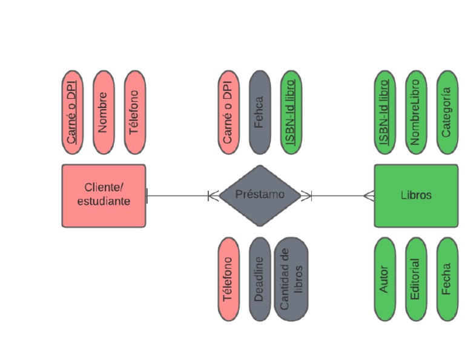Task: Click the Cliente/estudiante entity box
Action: (104, 196)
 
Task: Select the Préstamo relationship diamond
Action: (260, 196)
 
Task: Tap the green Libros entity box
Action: (416, 196)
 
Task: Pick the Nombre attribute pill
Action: (104, 112)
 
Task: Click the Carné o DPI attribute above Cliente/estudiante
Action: (72, 112)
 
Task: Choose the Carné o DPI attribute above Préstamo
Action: (228, 112)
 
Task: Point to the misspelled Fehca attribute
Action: (260, 112)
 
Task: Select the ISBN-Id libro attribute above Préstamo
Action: (291, 112)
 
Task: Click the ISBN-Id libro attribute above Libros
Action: (384, 112)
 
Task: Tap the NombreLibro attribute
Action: (415, 112)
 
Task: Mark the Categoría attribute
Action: (447, 112)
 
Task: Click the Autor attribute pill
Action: (384, 279)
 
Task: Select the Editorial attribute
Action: (415, 279)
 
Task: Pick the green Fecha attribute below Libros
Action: (447, 279)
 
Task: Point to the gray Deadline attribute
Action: (260, 279)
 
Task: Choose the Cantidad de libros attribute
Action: (291, 279)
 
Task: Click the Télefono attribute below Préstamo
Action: (228, 279)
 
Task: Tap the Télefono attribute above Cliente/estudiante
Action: (134, 112)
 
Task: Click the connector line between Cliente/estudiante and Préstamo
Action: (179, 196)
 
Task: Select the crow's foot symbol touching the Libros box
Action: (369, 196)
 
